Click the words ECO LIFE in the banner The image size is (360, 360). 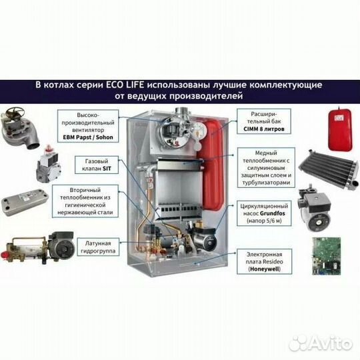pyautogui.click(x=125, y=85)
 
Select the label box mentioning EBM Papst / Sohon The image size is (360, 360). pyautogui.click(x=88, y=126)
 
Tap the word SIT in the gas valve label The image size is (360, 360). pyautogui.click(x=107, y=169)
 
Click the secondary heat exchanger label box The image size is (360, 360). pyautogui.click(x=85, y=201)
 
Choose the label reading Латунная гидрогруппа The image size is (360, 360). pyautogui.click(x=98, y=247)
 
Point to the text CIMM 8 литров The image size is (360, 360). pyautogui.click(x=264, y=129)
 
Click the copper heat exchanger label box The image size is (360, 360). pyautogui.click(x=266, y=167)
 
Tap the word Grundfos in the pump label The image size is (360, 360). pyautogui.click(x=273, y=213)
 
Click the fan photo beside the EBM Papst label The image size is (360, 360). pyautogui.click(x=19, y=128)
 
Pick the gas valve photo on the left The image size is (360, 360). pyautogui.click(x=48, y=164)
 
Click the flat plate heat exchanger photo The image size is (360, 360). pyautogui.click(x=25, y=203)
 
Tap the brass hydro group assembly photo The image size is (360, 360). pyautogui.click(x=38, y=247)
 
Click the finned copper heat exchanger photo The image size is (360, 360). pyautogui.click(x=329, y=168)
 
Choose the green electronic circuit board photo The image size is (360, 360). pyautogui.click(x=326, y=256)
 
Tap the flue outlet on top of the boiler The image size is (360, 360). pyautogui.click(x=183, y=113)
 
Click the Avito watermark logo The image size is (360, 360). pyautogui.click(x=321, y=344)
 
